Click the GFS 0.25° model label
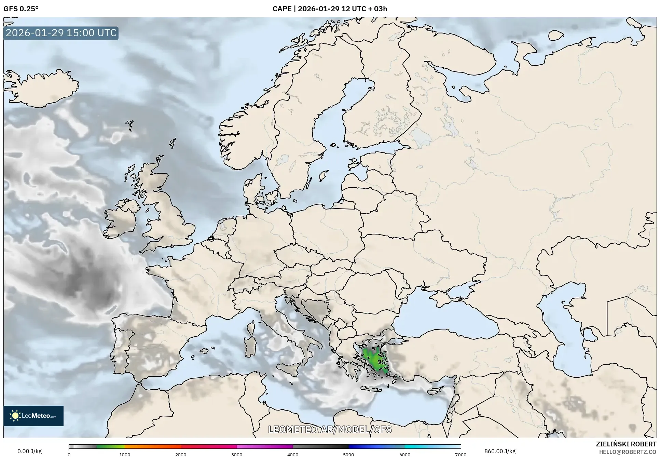tap(21, 9)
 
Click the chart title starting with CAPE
tap(330, 9)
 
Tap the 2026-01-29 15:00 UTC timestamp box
tap(61, 33)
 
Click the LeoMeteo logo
tap(33, 416)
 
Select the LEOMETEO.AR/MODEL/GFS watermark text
tap(330, 429)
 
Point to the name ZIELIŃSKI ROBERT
tap(626, 444)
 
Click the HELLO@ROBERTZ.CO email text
tap(628, 452)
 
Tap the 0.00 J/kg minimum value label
tap(29, 451)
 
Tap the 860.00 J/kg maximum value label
tap(500, 451)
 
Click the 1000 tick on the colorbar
tap(125, 454)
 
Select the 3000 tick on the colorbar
tap(237, 454)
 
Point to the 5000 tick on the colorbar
tap(348, 454)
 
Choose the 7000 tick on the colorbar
tap(460, 454)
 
